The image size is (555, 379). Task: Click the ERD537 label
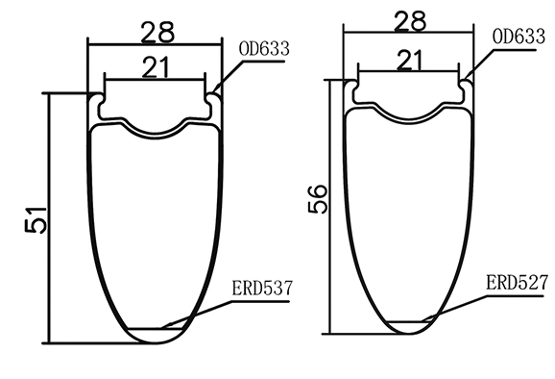(x=260, y=288)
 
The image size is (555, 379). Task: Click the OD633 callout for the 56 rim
(x=519, y=37)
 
